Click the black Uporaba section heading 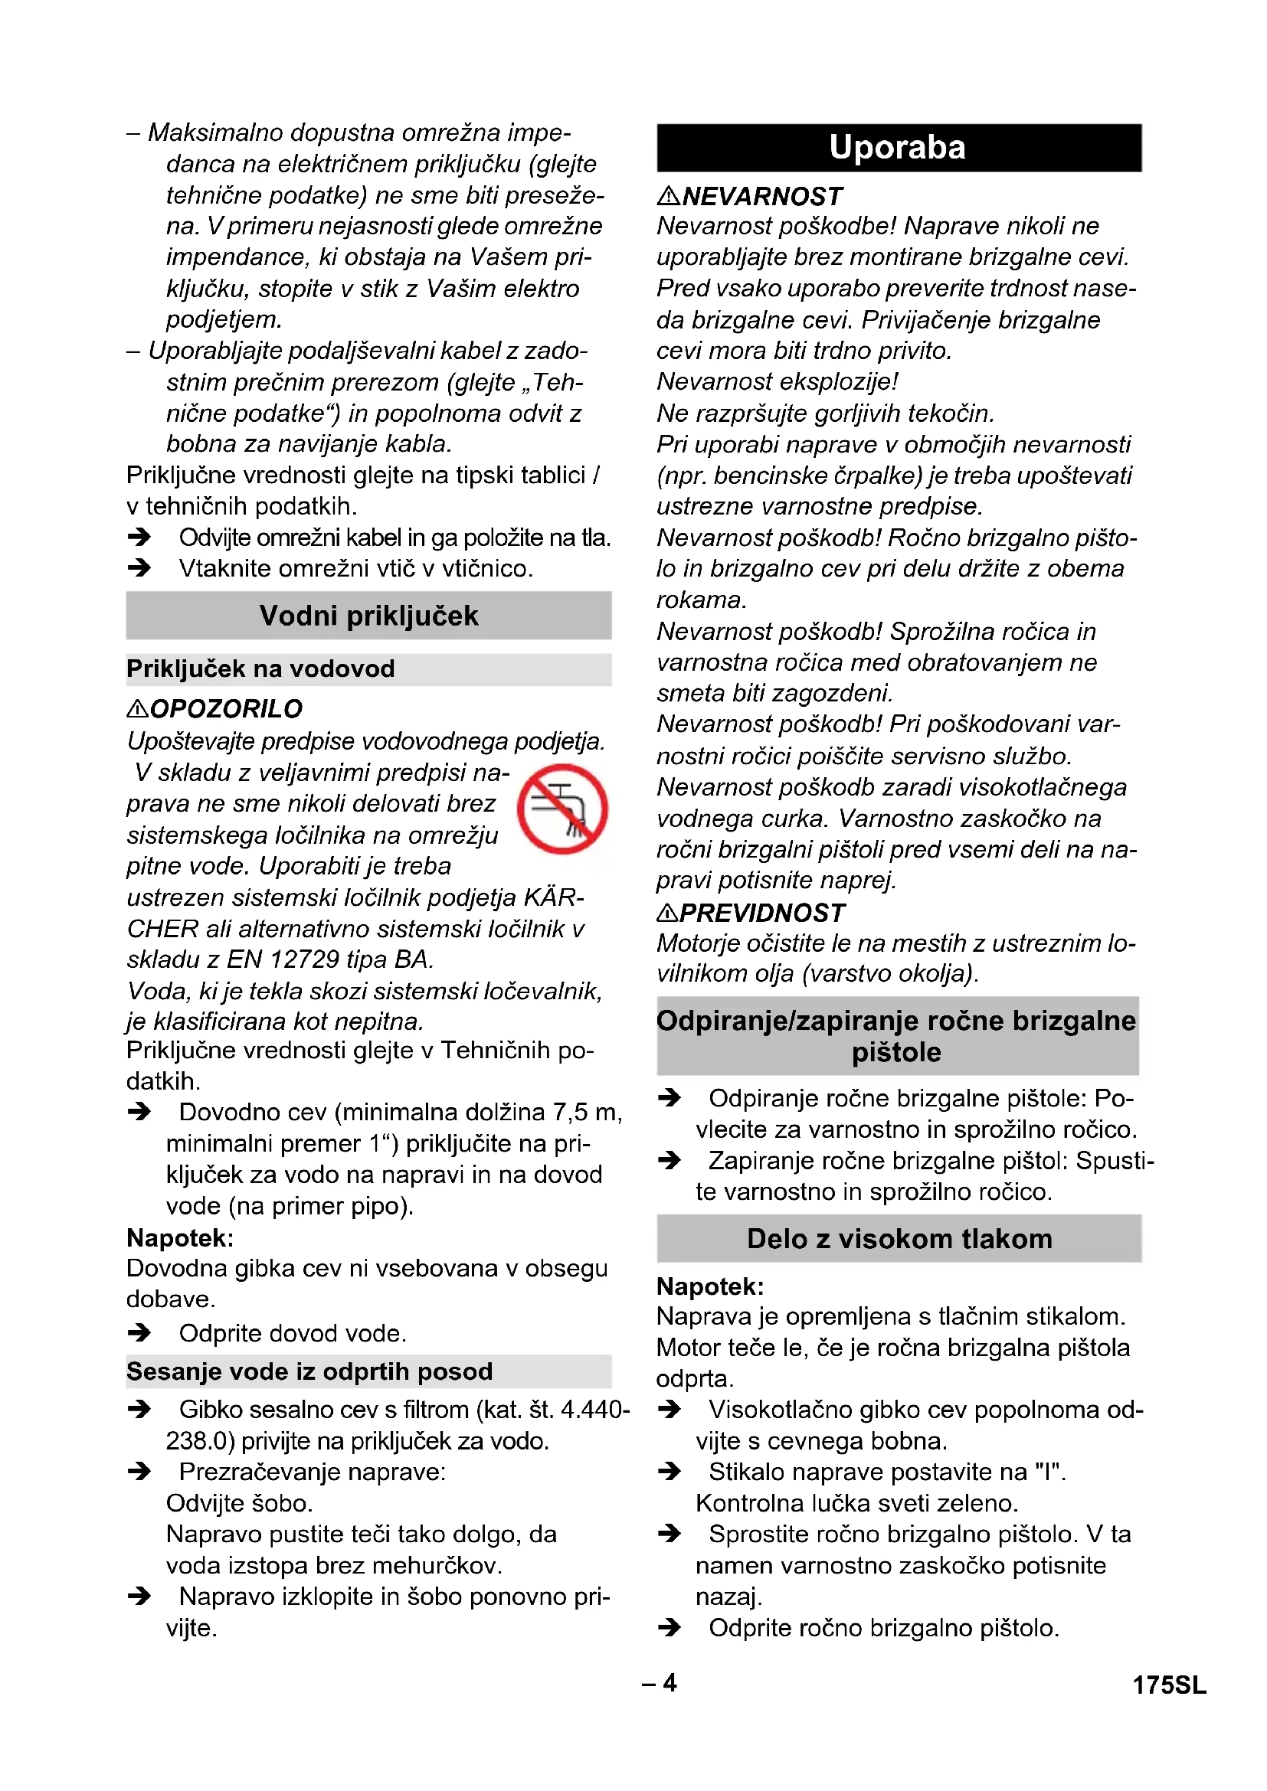coord(898,148)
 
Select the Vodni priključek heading coord(368,616)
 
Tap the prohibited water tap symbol coord(561,809)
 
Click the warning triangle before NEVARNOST coord(668,196)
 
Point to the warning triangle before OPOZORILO coord(137,708)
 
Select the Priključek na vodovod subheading coord(260,669)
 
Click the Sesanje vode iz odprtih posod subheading coord(309,1371)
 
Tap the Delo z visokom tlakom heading coord(899,1239)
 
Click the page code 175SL coord(1169,1685)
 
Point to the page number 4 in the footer coord(670,1682)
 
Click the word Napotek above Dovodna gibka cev coord(180,1238)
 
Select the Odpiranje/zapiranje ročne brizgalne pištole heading coord(897,1036)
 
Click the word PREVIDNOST coord(762,913)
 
